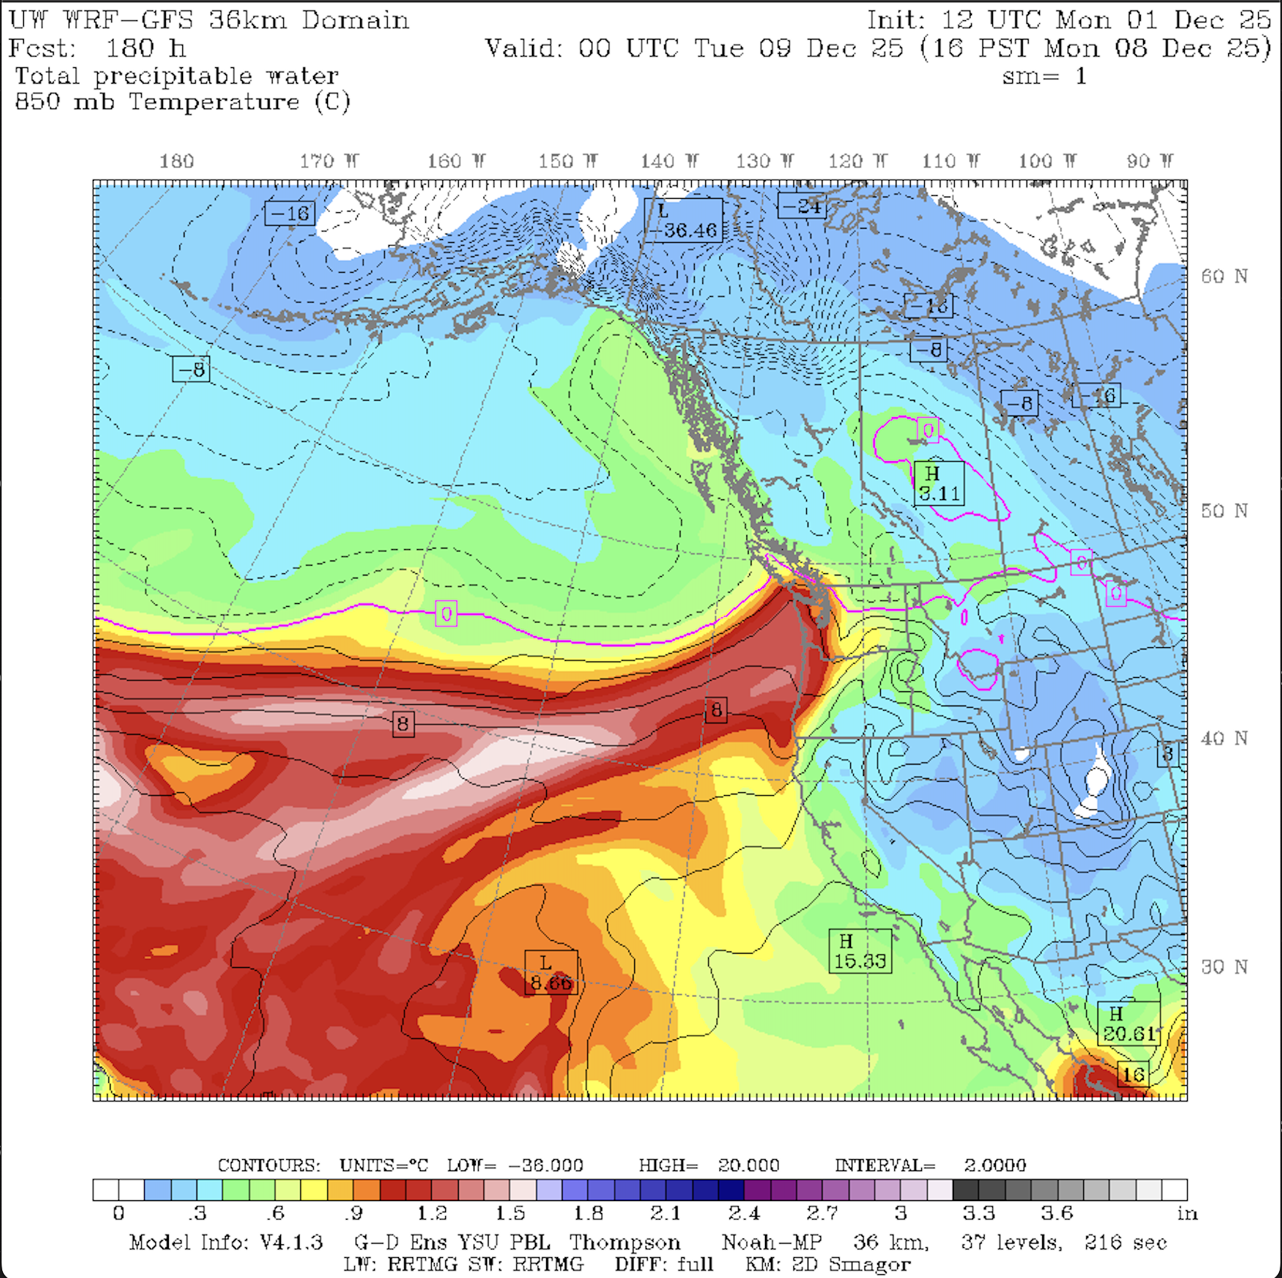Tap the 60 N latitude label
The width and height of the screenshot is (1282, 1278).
(x=1224, y=277)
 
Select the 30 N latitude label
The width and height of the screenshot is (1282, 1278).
(x=1224, y=967)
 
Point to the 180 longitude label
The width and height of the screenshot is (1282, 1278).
(x=176, y=161)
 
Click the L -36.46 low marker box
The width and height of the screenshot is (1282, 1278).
(x=684, y=220)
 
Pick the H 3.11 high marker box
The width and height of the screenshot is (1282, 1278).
(x=939, y=483)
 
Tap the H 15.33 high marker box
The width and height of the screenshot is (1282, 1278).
(x=860, y=951)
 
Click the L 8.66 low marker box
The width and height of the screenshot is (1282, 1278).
(x=551, y=972)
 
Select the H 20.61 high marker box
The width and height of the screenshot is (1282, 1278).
(x=1129, y=1024)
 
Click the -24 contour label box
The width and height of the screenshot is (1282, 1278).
(x=802, y=206)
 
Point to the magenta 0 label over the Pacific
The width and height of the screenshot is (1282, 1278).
(x=446, y=614)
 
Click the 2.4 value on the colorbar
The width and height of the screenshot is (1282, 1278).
(x=744, y=1214)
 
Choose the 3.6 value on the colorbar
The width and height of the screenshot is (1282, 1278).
(x=1057, y=1214)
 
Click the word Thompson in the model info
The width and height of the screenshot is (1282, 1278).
(x=625, y=1242)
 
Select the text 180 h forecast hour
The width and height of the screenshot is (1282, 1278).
(x=145, y=49)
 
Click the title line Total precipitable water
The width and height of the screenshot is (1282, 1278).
(x=177, y=75)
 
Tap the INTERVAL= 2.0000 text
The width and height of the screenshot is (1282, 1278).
(x=930, y=1165)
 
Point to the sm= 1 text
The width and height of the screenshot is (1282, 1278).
(x=1044, y=76)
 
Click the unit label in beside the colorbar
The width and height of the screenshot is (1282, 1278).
(x=1187, y=1214)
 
